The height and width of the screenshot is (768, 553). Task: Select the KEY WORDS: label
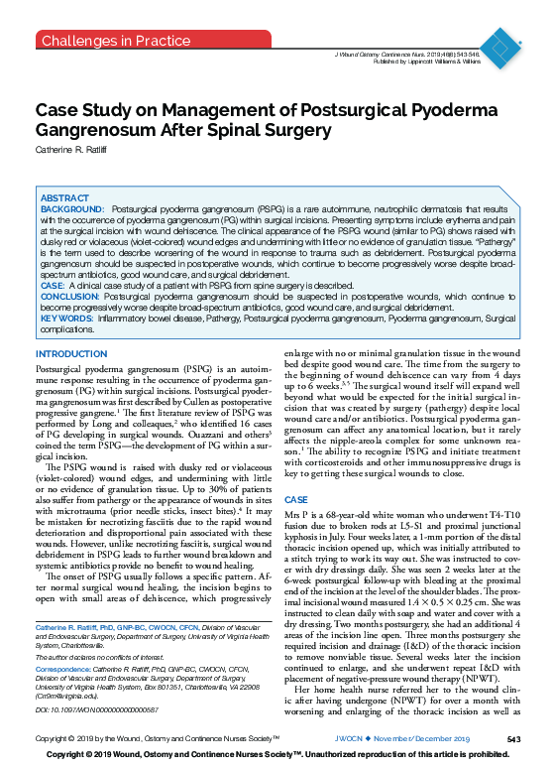(67, 318)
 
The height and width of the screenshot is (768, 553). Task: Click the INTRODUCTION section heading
(70, 354)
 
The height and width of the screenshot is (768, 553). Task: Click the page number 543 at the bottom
(512, 739)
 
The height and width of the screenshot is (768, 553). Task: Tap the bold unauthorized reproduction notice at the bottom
(276, 756)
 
